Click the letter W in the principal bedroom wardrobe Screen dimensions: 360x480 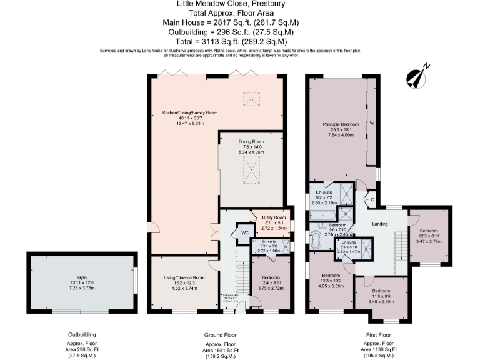pyautogui.click(x=371, y=122)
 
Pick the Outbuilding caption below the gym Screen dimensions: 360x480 pyautogui.click(x=81, y=334)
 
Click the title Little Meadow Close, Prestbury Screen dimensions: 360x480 pyautogui.click(x=239, y=4)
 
